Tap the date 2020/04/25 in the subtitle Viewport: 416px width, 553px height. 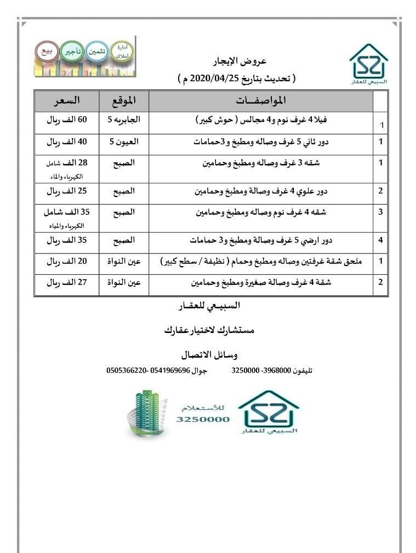coord(215,78)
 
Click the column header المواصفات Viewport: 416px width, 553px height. coord(261,101)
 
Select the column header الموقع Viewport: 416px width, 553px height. coord(123,101)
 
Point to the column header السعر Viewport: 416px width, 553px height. coord(66,101)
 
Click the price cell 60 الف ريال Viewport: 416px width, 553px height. coord(66,120)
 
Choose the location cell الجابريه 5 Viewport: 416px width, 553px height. coord(123,120)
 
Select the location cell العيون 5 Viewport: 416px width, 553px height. coord(124,142)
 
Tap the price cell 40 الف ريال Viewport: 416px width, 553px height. coord(66,142)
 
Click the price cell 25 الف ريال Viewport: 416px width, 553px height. coord(66,191)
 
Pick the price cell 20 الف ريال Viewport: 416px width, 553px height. coord(66,262)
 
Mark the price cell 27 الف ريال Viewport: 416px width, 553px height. coord(66,283)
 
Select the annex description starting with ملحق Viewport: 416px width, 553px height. coord(260,262)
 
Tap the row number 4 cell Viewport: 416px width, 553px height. coord(380,240)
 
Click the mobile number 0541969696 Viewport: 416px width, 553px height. coord(170,370)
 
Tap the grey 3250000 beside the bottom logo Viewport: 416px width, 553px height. coord(203,419)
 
